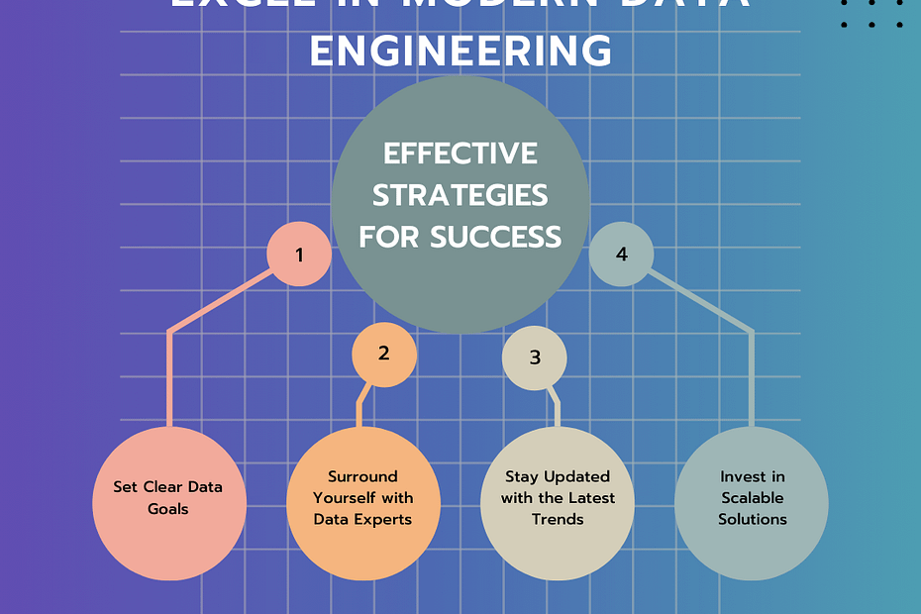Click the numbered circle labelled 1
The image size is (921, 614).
point(299,255)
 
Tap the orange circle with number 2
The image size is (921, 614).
point(384,354)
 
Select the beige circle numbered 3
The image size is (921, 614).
point(535,358)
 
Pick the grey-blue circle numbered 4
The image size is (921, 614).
point(621,255)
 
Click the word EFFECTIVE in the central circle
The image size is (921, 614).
point(460,153)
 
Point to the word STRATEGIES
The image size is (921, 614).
point(460,194)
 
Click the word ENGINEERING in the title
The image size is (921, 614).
point(460,50)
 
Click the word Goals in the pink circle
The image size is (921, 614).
point(168,508)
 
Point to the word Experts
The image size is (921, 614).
point(386,518)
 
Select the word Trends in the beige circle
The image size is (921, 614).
point(558,519)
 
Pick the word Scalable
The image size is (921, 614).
point(753,497)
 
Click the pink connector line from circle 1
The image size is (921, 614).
point(169,376)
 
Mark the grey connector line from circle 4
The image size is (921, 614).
point(752,376)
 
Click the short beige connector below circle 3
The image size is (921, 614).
point(557,408)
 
